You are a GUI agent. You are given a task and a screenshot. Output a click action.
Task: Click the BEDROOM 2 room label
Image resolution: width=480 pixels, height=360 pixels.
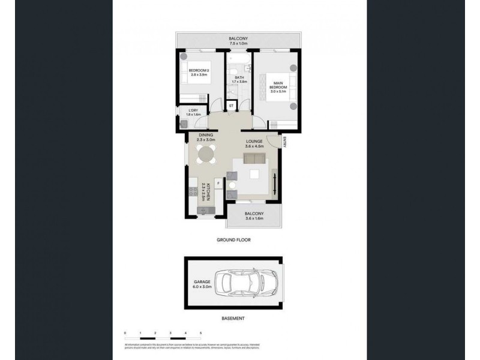pyautogui.click(x=198, y=70)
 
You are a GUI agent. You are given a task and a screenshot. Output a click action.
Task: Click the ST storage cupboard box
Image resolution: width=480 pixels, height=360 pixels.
pyautogui.click(x=232, y=106)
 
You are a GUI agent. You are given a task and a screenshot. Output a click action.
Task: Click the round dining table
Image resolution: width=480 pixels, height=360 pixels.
pyautogui.click(x=206, y=155)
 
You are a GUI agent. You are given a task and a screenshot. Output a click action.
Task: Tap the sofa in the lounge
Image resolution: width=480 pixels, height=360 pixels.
pyautogui.click(x=254, y=160)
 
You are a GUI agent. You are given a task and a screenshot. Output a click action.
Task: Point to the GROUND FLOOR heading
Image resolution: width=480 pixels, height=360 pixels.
pyautogui.click(x=233, y=239)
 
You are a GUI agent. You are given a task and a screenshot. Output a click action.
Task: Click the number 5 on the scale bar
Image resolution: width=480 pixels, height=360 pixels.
pyautogui.click(x=201, y=332)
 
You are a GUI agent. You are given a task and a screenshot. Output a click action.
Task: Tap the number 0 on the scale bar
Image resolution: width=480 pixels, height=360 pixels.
pyautogui.click(x=125, y=332)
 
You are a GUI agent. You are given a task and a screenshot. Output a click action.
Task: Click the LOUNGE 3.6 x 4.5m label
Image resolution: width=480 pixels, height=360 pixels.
pyautogui.click(x=254, y=143)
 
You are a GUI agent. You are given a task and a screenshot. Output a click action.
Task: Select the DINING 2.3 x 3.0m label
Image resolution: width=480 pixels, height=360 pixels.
pyautogui.click(x=206, y=137)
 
